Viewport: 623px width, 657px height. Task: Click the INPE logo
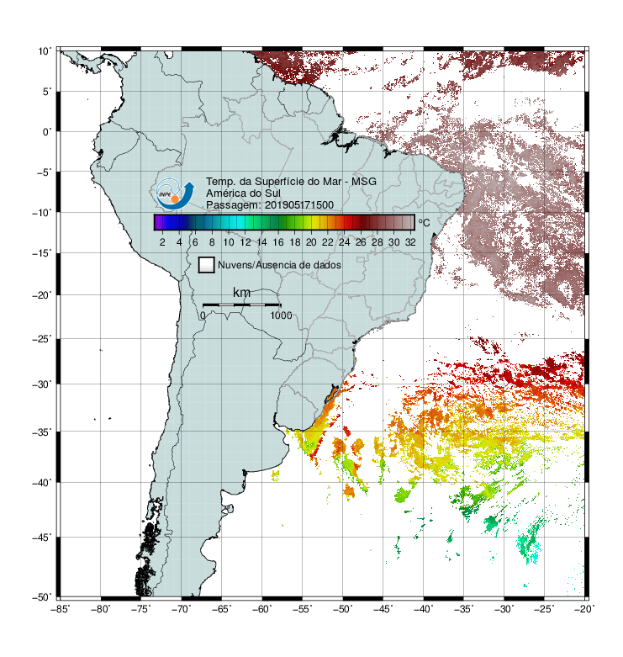click(x=175, y=193)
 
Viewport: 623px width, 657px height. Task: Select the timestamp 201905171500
click(x=299, y=205)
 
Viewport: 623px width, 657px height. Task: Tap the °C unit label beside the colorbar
click(x=424, y=222)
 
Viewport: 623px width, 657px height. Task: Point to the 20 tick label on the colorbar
click(x=311, y=242)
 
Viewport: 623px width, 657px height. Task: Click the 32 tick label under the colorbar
click(x=410, y=242)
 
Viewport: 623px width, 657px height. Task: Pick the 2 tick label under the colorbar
click(x=162, y=242)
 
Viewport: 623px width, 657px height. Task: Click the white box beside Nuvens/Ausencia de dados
click(x=207, y=265)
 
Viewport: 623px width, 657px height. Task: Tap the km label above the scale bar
click(x=241, y=293)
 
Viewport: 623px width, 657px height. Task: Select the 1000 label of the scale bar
click(x=281, y=315)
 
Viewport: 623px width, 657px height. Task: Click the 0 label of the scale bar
click(x=203, y=315)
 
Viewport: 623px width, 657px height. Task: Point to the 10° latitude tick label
click(x=45, y=51)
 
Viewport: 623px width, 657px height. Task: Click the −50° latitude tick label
click(x=42, y=597)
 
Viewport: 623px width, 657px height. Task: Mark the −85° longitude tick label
click(x=60, y=609)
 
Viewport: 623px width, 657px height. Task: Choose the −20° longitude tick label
click(x=584, y=609)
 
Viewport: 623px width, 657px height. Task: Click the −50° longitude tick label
click(x=342, y=609)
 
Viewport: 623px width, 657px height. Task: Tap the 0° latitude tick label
click(x=47, y=132)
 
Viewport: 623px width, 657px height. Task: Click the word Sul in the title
click(x=272, y=193)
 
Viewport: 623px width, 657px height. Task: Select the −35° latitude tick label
click(x=42, y=432)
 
